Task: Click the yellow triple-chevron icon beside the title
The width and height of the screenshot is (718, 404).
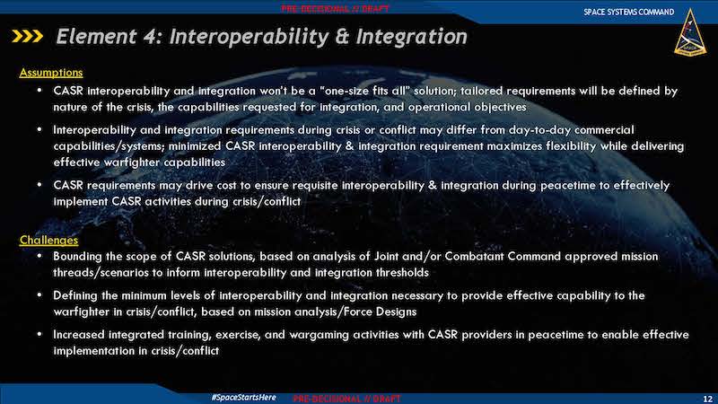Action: tap(28, 36)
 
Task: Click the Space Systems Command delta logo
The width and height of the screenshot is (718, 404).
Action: tap(690, 32)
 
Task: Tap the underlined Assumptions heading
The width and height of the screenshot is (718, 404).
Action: tap(51, 73)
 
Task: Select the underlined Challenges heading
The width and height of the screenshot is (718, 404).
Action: tap(48, 240)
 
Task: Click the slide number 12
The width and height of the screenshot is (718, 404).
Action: tap(707, 399)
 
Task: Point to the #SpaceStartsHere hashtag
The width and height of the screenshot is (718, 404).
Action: tap(243, 397)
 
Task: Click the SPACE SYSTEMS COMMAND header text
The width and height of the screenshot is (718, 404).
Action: tap(629, 12)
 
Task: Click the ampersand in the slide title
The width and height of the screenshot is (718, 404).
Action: tap(342, 37)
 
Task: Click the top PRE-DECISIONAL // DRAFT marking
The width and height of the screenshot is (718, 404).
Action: tap(335, 9)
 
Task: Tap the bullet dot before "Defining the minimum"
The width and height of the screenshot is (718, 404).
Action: tap(39, 295)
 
